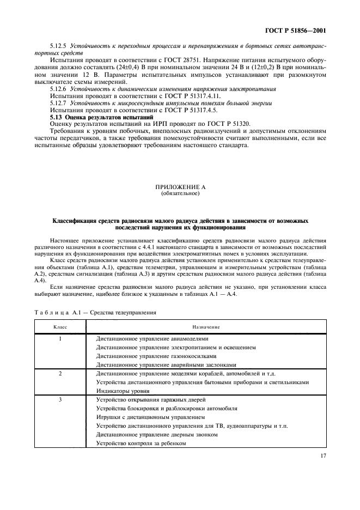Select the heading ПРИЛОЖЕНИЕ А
pyautogui.click(x=180, y=187)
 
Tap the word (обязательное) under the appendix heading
pyautogui.click(x=180, y=193)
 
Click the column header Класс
pyautogui.click(x=60, y=326)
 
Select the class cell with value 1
pyautogui.click(x=60, y=338)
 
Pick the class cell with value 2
pyautogui.click(x=60, y=373)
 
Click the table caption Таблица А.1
pyautogui.click(x=57, y=313)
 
